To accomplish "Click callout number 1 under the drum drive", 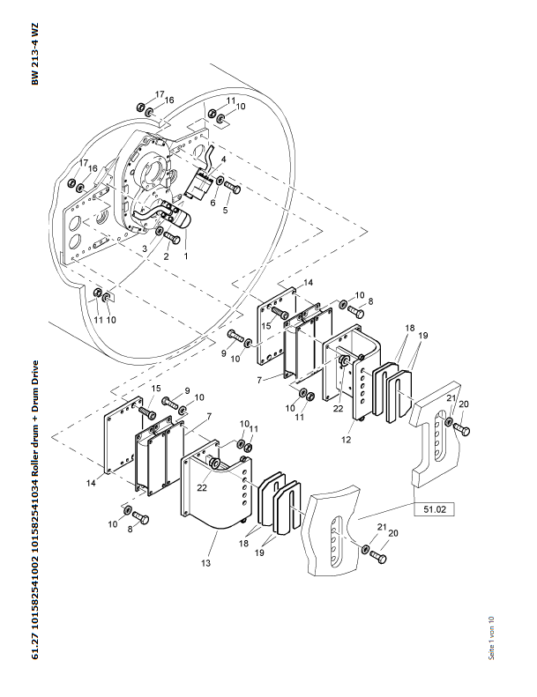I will [x=186, y=255].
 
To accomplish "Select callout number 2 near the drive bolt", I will [x=164, y=256].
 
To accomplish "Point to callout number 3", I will [x=144, y=249].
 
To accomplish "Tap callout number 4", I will [x=223, y=159].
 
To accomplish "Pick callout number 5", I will [x=225, y=211].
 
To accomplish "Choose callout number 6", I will [x=212, y=203].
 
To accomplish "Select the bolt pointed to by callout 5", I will [x=232, y=186].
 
